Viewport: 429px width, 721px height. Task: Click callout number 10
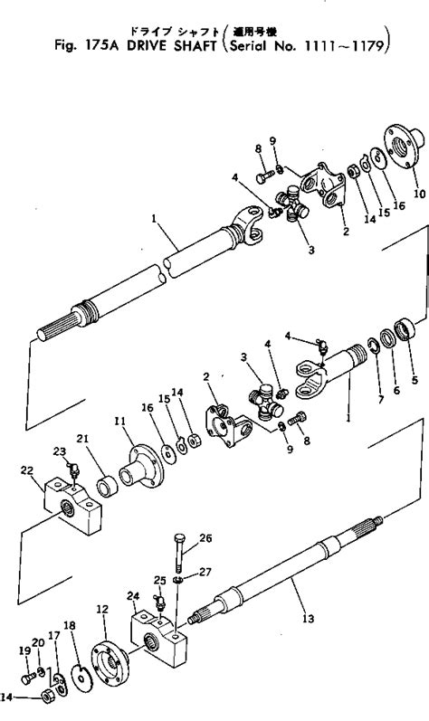click(x=418, y=193)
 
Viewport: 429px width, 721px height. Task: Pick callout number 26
click(x=205, y=538)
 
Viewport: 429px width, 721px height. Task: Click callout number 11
click(x=119, y=422)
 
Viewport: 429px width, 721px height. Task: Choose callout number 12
click(x=102, y=609)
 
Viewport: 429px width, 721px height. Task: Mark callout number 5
click(x=415, y=380)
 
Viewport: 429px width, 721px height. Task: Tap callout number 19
click(x=24, y=650)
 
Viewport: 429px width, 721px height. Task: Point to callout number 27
click(x=205, y=571)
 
